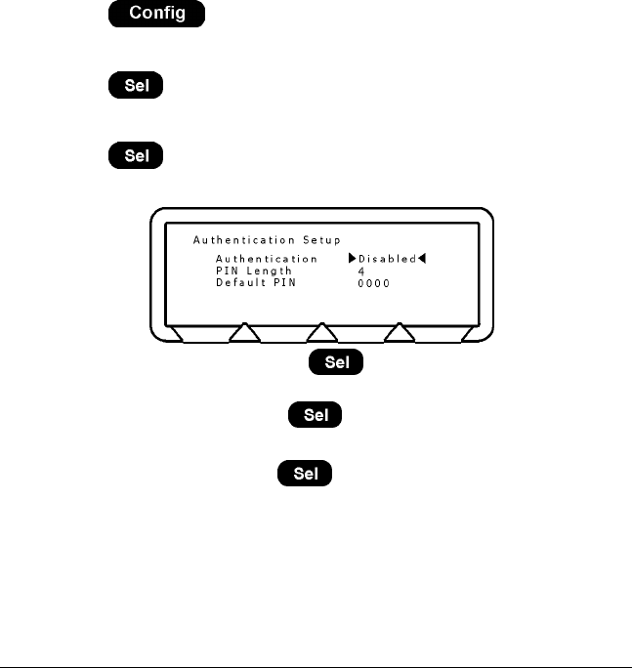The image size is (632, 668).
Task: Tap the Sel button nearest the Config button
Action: tap(135, 86)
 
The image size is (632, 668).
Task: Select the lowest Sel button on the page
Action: tap(306, 475)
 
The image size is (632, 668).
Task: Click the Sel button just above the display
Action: tap(135, 156)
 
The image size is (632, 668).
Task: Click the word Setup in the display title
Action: tap(321, 239)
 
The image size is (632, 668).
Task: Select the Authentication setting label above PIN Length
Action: tap(266, 260)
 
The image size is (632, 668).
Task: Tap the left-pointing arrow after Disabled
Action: tap(423, 260)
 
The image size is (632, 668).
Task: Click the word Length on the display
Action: tap(270, 271)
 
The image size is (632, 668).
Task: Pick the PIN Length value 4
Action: tap(360, 271)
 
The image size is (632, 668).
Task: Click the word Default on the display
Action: tap(240, 283)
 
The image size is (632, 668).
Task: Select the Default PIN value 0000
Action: tap(373, 283)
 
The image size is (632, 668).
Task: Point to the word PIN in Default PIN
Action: tap(283, 283)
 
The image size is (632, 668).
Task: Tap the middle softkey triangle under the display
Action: tap(322, 334)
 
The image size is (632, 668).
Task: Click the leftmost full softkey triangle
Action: tap(244, 334)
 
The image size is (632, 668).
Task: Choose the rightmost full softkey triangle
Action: tap(400, 334)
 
